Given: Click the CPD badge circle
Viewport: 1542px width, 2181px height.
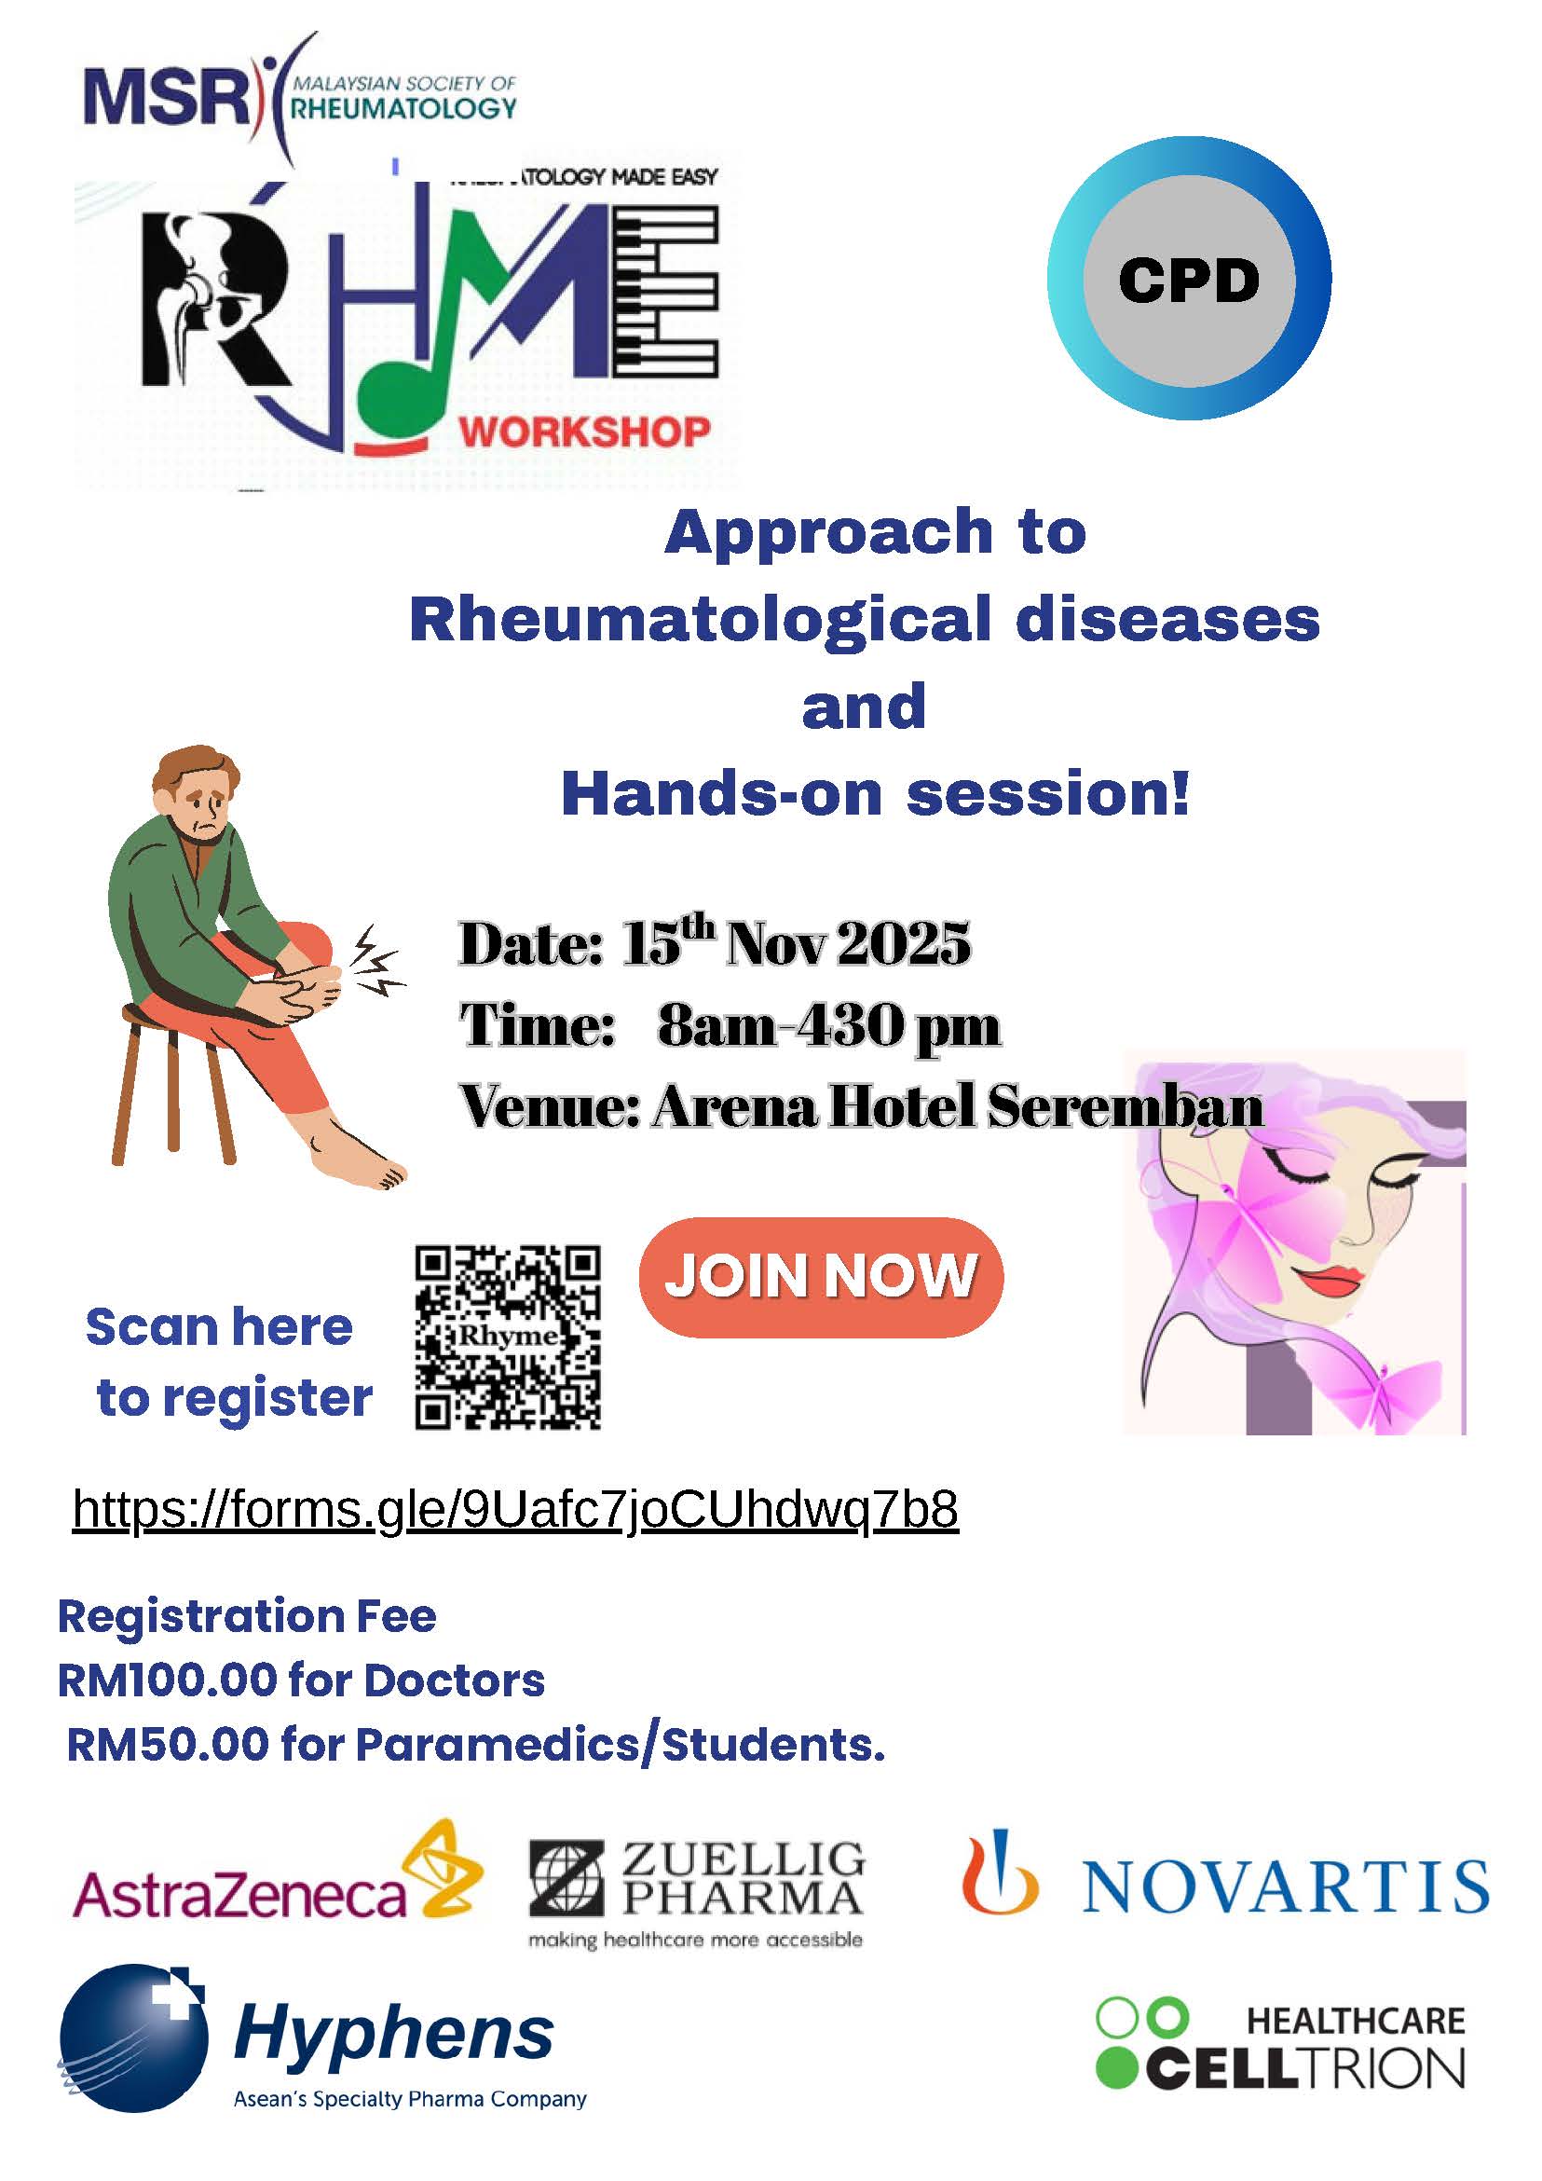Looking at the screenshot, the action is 1189,279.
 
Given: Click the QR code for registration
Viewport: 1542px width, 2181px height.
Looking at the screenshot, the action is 508,1337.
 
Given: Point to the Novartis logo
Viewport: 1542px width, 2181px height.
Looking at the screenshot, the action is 1226,1882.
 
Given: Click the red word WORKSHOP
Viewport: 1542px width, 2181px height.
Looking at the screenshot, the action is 585,432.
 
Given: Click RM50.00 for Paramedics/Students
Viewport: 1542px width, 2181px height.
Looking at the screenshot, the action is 476,1745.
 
